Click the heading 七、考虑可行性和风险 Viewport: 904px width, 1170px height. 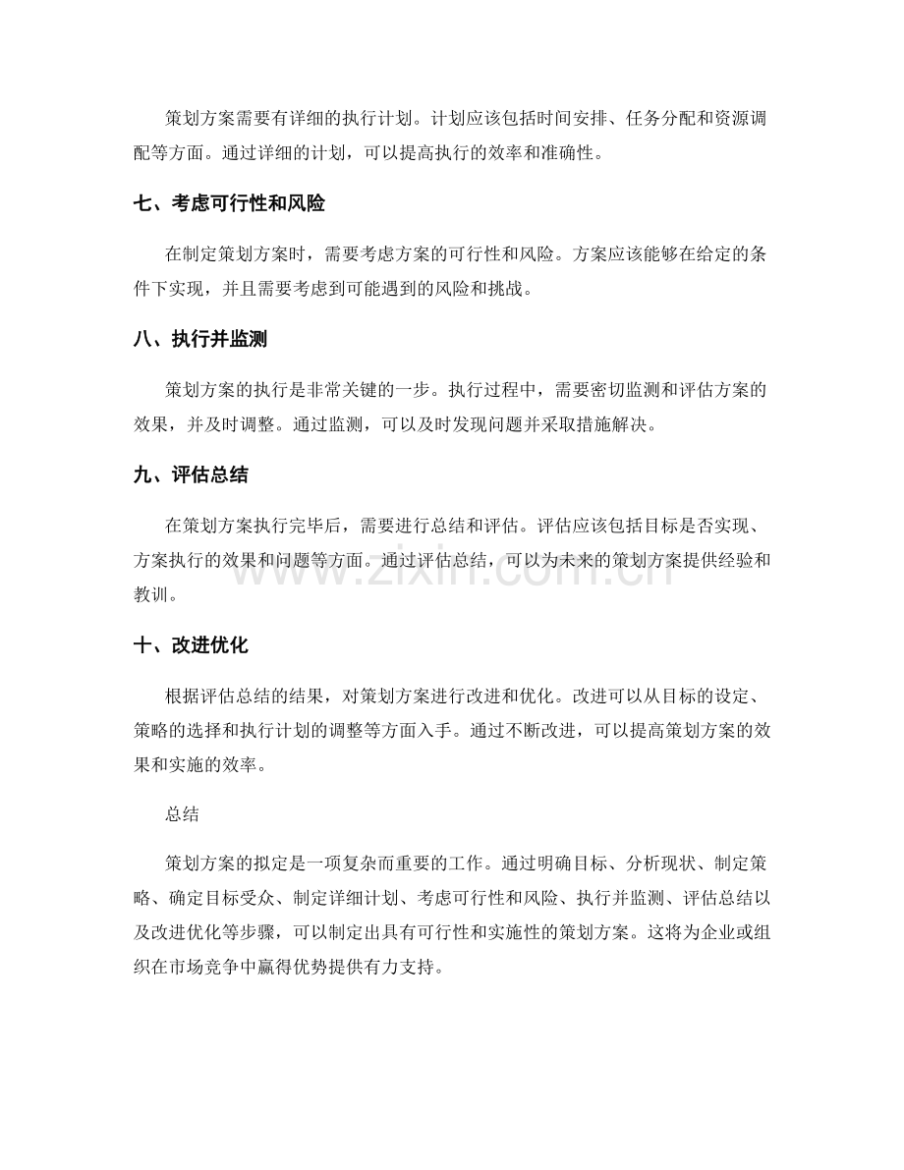229,205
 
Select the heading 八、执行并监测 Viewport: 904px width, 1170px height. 199,340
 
